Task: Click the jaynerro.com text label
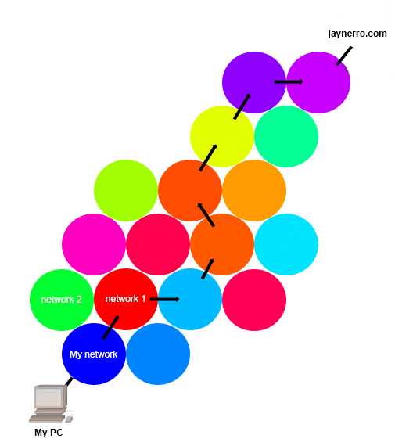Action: tap(357, 34)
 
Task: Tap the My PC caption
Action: tap(48, 433)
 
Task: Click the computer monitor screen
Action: tap(48, 397)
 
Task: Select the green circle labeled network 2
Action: tap(62, 300)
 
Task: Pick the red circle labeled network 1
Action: tap(126, 299)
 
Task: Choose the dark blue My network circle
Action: tap(94, 354)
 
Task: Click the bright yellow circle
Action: tap(222, 136)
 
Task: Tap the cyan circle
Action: tap(286, 245)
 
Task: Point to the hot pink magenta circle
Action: tap(94, 245)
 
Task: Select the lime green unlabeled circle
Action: tap(126, 190)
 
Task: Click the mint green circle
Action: tap(286, 136)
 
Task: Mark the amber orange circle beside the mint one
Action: tap(254, 190)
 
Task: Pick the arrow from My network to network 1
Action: tap(110, 327)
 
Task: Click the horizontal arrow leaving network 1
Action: tap(165, 299)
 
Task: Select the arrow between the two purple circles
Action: tap(289, 82)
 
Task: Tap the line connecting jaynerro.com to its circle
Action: tap(344, 56)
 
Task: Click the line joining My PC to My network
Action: tap(69, 382)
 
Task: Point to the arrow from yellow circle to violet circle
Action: tap(242, 106)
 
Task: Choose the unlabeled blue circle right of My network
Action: tap(158, 354)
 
